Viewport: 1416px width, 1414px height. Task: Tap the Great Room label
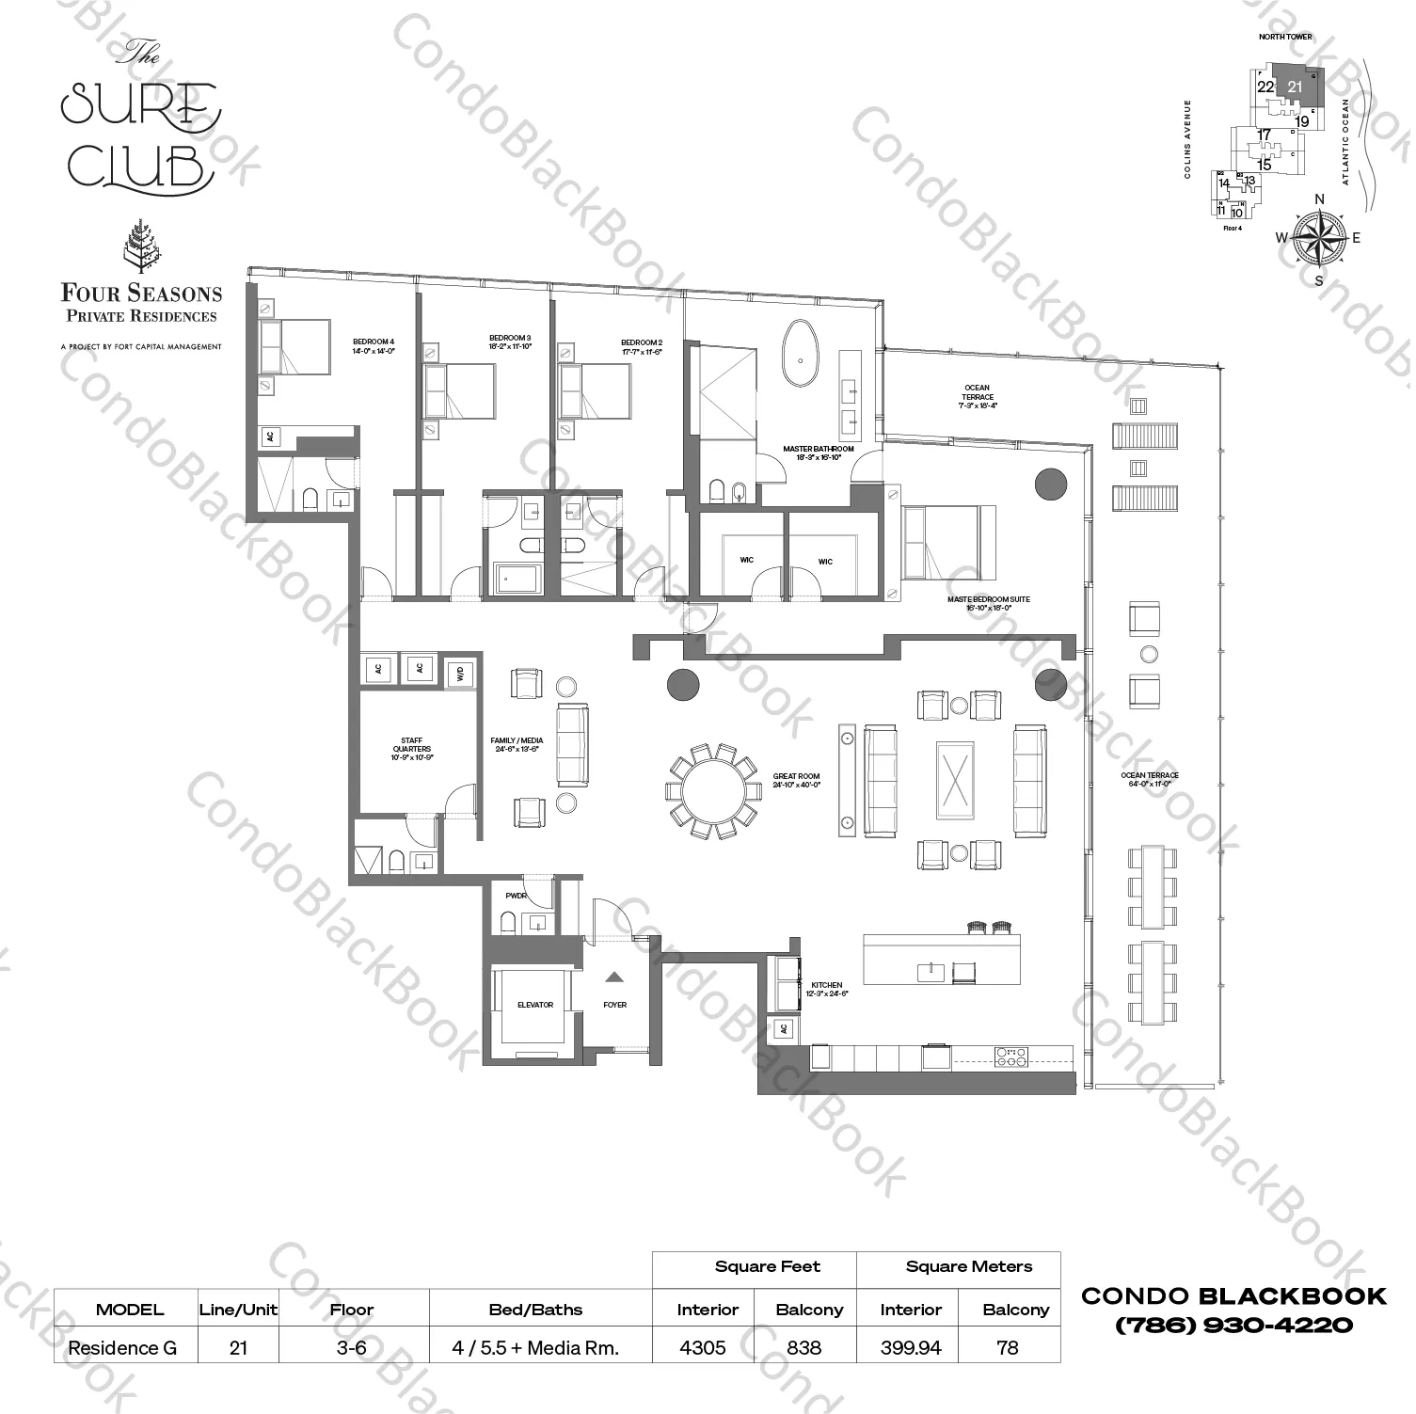click(796, 781)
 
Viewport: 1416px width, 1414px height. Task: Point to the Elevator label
click(534, 1005)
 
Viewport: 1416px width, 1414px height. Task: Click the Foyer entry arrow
click(613, 977)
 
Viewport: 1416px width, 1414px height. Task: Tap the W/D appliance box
click(460, 673)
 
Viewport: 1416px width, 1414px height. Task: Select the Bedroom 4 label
click(374, 345)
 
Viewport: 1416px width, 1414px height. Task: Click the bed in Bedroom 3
click(459, 390)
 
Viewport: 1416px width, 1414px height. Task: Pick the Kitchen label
click(827, 989)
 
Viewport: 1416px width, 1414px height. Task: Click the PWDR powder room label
click(516, 896)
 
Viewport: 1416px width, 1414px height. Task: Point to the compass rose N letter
click(1319, 199)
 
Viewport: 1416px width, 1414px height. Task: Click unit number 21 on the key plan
click(1295, 87)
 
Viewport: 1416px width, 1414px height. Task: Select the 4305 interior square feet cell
click(703, 1347)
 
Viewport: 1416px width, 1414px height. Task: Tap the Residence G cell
click(122, 1347)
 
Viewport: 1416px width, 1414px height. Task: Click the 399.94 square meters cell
click(910, 1347)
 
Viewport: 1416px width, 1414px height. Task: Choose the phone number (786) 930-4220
click(1233, 1325)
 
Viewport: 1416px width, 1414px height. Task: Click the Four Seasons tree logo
click(140, 247)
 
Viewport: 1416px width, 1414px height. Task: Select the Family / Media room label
click(517, 745)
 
